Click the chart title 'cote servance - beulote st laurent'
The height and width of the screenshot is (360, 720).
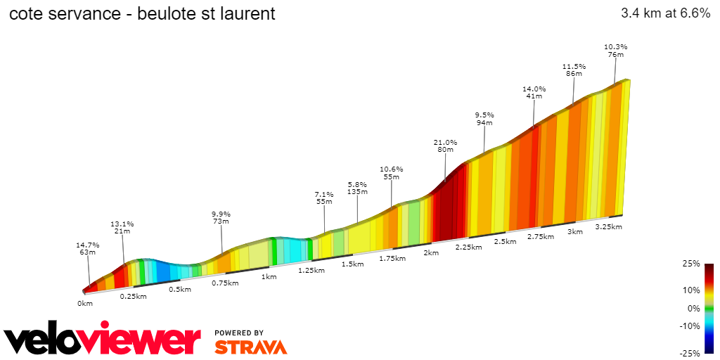click(x=142, y=13)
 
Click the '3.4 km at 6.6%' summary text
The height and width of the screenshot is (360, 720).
click(x=665, y=13)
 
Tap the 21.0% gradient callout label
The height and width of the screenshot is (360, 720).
click(x=445, y=146)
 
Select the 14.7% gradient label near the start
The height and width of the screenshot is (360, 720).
click(x=88, y=249)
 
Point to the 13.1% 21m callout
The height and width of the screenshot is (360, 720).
click(x=122, y=228)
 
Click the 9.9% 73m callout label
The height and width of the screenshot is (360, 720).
click(x=221, y=217)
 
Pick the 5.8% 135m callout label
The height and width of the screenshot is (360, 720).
click(x=358, y=188)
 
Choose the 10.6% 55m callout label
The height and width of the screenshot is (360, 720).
click(x=392, y=173)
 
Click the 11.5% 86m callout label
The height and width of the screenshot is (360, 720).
click(x=574, y=70)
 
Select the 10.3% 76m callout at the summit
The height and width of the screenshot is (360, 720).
click(x=615, y=51)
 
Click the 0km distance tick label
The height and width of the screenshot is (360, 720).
click(x=85, y=304)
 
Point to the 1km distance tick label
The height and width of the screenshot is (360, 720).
click(x=269, y=277)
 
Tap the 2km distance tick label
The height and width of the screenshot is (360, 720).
click(x=430, y=253)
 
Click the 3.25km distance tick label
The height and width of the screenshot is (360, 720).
click(x=608, y=226)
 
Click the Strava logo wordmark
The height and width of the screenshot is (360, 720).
click(x=250, y=347)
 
